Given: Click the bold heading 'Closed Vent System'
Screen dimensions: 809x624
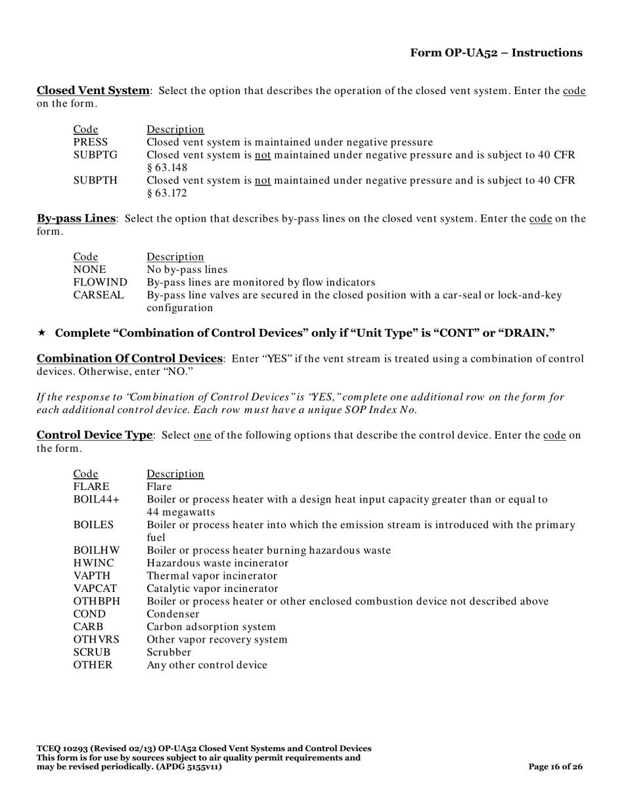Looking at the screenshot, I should [x=93, y=90].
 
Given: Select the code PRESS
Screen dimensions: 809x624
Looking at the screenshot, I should [x=91, y=142].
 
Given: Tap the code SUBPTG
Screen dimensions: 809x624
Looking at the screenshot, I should [x=95, y=155].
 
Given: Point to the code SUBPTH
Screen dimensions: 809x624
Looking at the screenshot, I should [x=95, y=180].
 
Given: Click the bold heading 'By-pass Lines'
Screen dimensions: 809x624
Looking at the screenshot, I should [x=76, y=218].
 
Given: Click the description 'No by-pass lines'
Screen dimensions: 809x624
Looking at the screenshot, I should [x=187, y=270].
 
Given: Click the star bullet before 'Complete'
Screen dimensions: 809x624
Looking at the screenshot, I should [x=41, y=333].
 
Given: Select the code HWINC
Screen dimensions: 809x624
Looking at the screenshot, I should [x=93, y=563].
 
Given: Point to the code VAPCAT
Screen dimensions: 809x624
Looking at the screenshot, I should [x=95, y=589].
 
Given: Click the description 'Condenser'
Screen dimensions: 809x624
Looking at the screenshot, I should [x=173, y=614].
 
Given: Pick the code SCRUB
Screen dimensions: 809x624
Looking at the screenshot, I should [x=92, y=652].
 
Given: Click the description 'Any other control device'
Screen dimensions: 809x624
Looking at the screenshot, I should [x=207, y=665].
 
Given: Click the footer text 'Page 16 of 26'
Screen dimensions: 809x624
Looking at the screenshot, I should [x=556, y=767].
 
